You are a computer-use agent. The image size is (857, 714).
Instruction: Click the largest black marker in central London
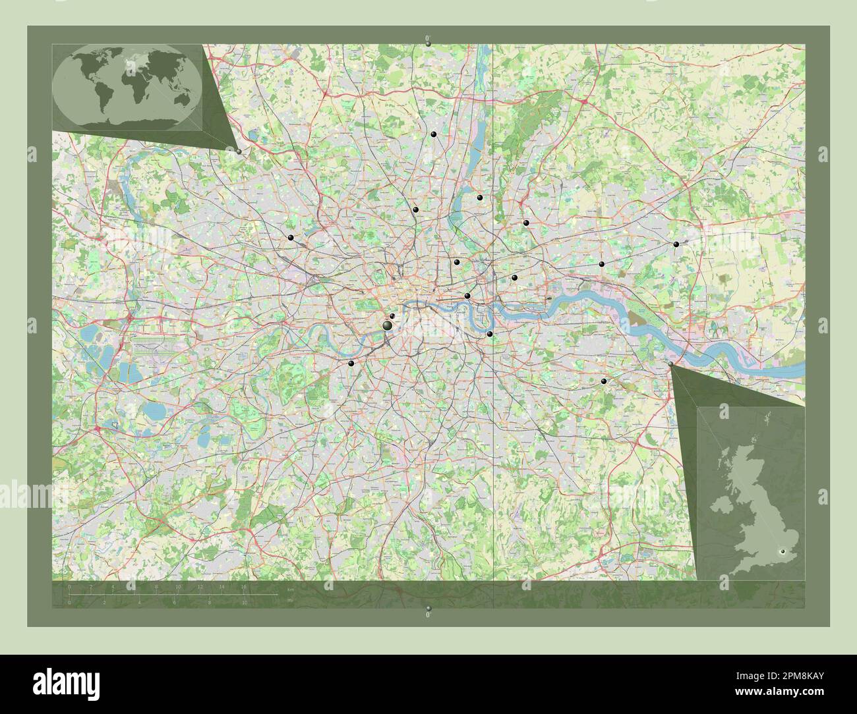(388, 325)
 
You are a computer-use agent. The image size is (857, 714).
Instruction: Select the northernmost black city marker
(434, 134)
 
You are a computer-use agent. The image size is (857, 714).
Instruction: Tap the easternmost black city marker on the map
(676, 244)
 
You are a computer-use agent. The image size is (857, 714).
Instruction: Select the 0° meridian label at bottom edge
(428, 613)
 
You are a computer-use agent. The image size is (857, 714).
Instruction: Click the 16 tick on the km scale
(244, 586)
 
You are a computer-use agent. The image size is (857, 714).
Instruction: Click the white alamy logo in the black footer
(59, 678)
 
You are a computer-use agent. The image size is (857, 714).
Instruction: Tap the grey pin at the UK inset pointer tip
(670, 364)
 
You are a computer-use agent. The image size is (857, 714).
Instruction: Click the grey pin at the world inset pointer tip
(238, 151)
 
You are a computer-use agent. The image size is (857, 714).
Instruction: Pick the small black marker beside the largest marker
(393, 316)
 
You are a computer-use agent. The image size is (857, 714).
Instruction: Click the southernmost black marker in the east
(605, 381)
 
